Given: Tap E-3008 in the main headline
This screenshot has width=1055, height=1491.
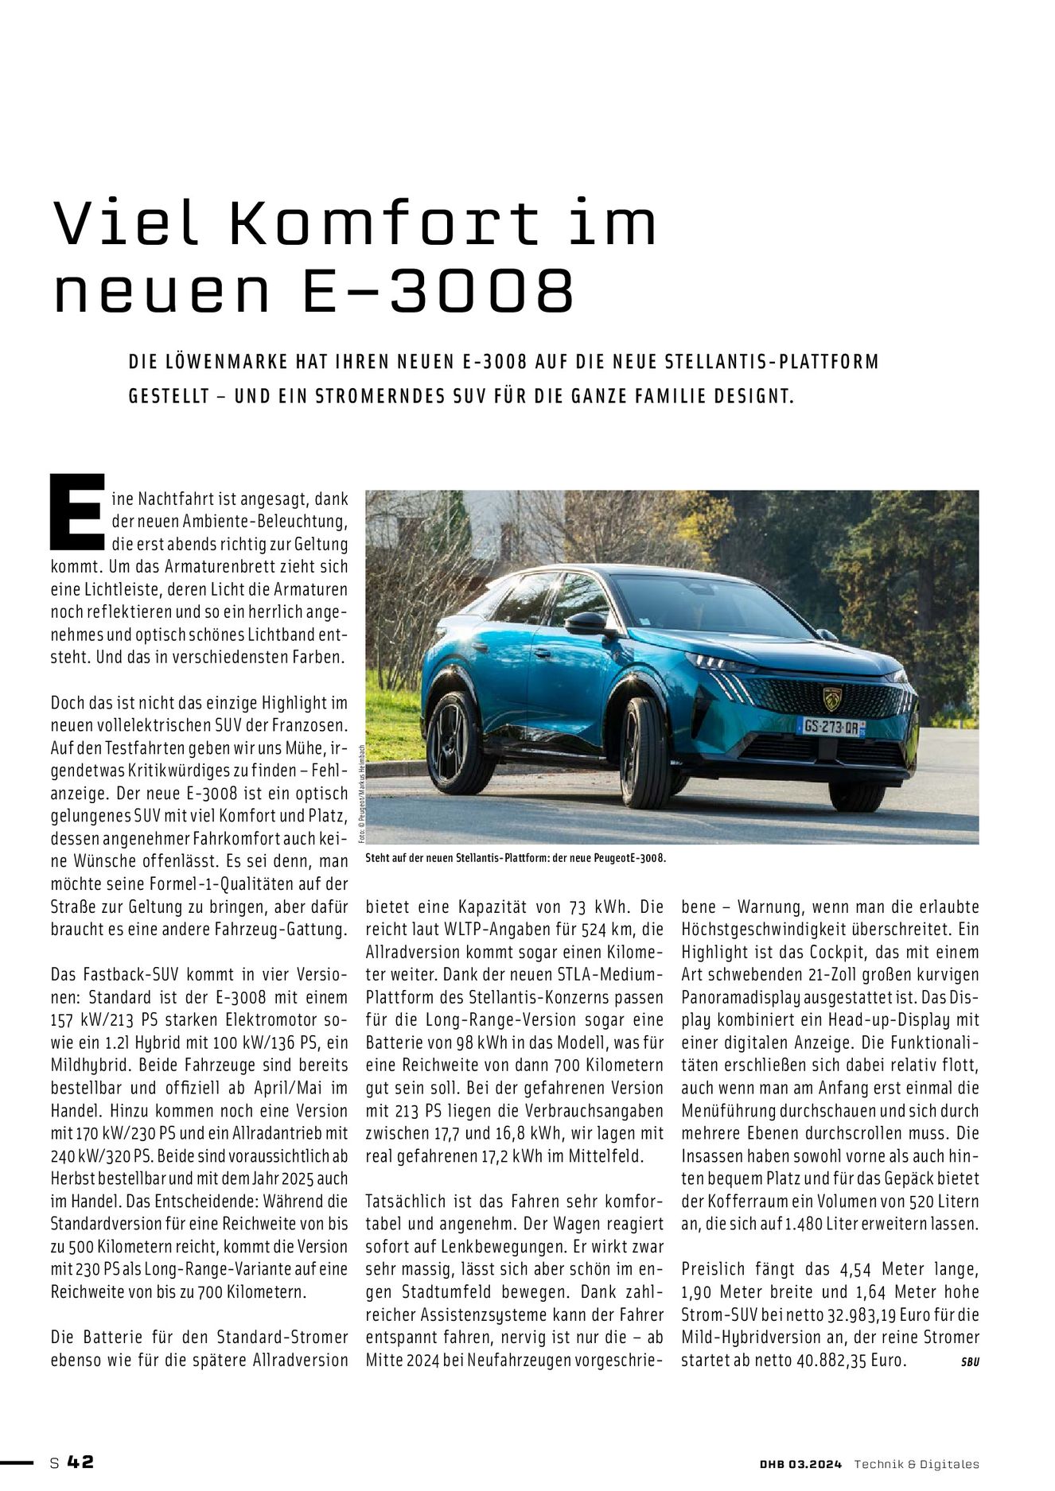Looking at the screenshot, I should point(437,292).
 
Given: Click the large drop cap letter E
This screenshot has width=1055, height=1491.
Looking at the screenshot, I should point(76,511).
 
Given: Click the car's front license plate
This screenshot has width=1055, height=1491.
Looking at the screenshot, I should point(831,726).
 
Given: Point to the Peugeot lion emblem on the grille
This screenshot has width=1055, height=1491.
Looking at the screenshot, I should point(832,698).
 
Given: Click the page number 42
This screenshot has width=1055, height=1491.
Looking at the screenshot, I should point(80,1462).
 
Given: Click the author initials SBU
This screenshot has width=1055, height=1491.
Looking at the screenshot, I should point(969,1361).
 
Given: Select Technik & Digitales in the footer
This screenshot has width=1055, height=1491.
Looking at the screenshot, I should point(917,1464).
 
